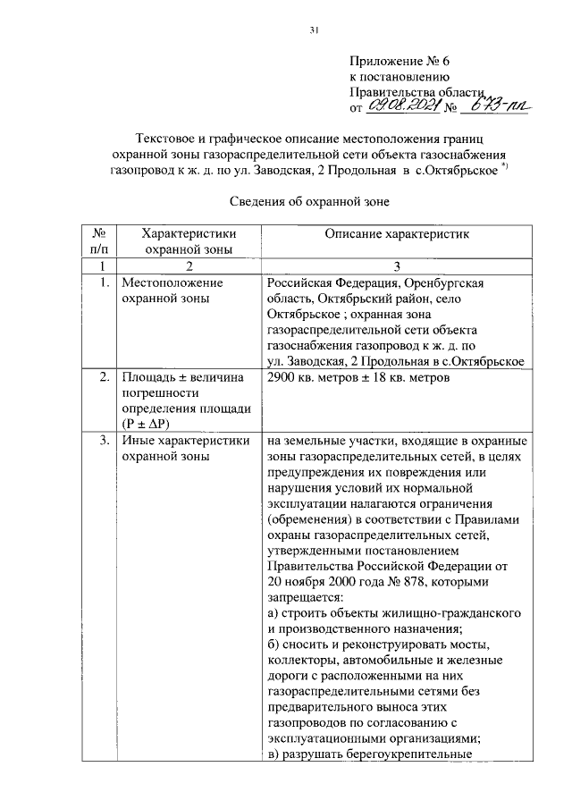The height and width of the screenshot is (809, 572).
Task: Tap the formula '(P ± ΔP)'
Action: [148, 423]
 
